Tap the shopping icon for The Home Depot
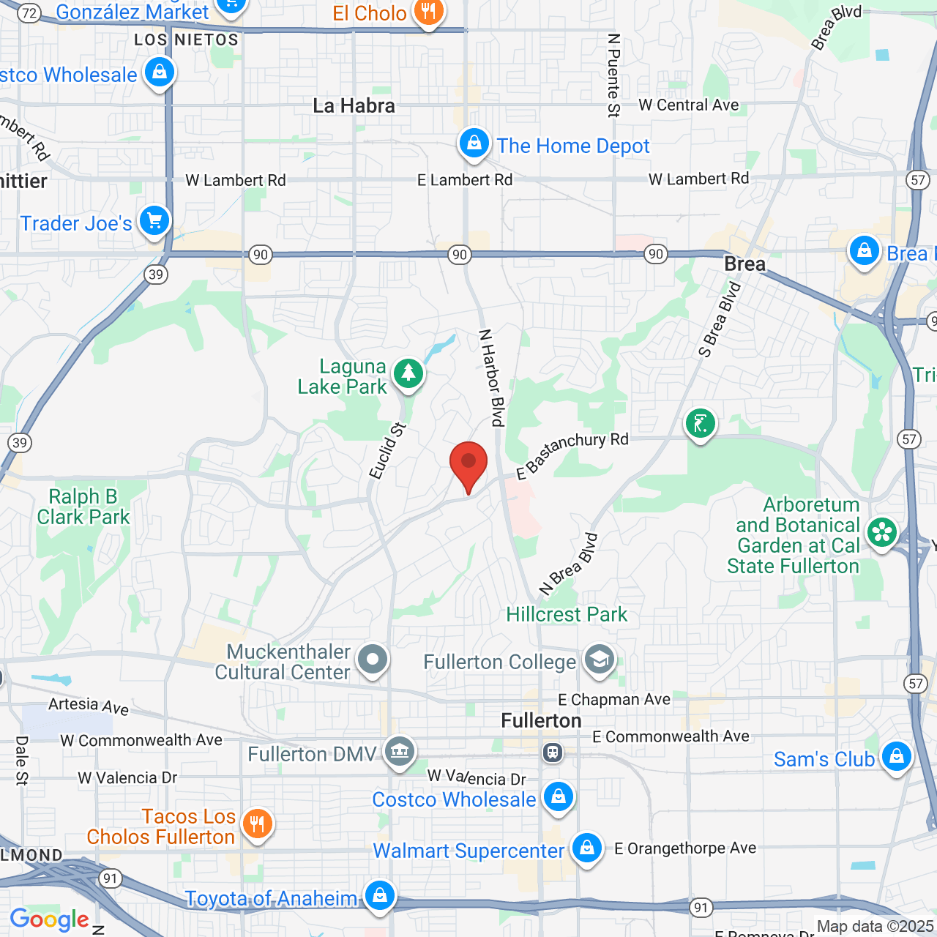pos(474,143)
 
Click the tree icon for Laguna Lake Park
pos(408,374)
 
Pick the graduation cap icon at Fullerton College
pos(599,660)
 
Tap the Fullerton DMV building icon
pos(400,751)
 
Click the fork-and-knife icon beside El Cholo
pos(428,12)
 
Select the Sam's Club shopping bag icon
pos(896,757)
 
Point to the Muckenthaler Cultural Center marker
pos(373,660)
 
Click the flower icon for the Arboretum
pos(882,533)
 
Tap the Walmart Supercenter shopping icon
pos(586,848)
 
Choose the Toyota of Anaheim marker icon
pos(379,896)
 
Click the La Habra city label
pos(354,105)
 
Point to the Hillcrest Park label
pos(567,614)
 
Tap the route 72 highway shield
pos(29,12)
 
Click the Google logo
pos(49,919)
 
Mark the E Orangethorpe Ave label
pos(685,848)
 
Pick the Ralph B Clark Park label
pos(83,507)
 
